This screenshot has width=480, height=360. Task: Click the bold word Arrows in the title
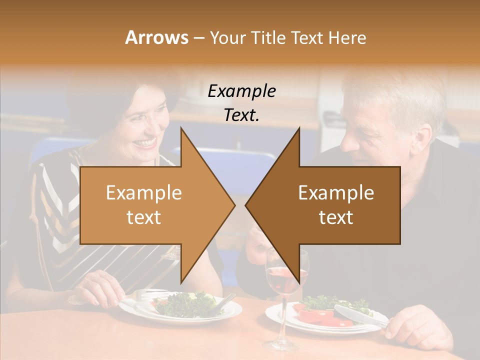coord(156,37)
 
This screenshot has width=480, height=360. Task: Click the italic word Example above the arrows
coord(241,91)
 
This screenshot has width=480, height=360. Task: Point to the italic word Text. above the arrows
coord(241,115)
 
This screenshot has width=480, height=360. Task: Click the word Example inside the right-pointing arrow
coord(144,192)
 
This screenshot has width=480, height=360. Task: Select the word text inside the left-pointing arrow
coord(336,217)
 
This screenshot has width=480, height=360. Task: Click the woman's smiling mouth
coord(146,143)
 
